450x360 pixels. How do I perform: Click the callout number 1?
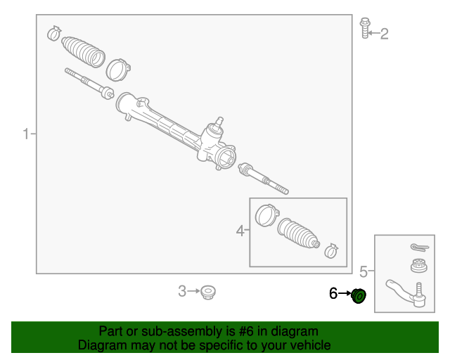tap(26, 134)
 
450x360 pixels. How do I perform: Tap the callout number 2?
tap(384, 33)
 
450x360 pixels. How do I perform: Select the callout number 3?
tap(182, 291)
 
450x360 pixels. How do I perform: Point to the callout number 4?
tap(240, 231)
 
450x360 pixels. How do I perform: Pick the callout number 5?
tap(364, 271)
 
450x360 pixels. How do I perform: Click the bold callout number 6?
tap(333, 293)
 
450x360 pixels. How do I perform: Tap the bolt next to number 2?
tap(364, 27)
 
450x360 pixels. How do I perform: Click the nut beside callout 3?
tap(207, 292)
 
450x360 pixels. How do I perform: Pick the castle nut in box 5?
tap(419, 268)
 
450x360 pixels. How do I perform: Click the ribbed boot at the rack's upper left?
tap(83, 51)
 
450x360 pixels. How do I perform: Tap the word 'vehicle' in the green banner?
tap(307, 345)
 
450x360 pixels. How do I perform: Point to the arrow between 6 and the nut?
tap(345, 294)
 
